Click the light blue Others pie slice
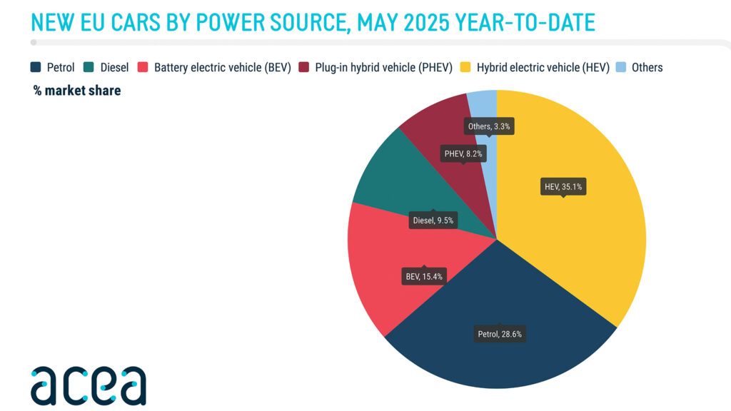[482, 107]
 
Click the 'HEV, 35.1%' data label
[563, 187]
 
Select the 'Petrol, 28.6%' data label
[500, 333]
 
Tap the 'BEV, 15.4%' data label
[423, 275]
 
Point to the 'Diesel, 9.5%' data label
[433, 220]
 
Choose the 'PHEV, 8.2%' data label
[463, 153]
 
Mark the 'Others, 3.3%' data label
[489, 126]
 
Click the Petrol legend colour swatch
[36, 68]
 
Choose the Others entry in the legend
[639, 68]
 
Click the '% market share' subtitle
[77, 91]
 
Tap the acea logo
[88, 385]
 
